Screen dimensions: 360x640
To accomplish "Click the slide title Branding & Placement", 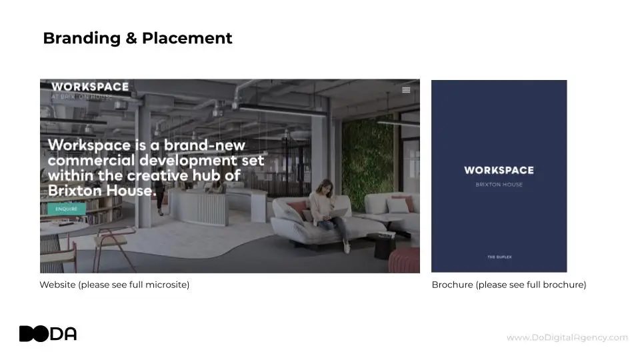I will (137, 38).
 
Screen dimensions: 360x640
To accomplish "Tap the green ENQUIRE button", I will (66, 209).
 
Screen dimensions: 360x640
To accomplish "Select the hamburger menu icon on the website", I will (406, 90).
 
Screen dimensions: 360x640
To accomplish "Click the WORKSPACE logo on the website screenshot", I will (90, 87).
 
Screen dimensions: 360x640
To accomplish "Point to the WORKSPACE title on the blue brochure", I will (499, 170).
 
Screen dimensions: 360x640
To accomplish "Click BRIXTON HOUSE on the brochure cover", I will (499, 185).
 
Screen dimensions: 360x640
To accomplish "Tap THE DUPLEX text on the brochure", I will (499, 256).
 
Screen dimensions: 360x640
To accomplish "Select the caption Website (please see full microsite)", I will (114, 285).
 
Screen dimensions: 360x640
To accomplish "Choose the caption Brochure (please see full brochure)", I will (509, 285).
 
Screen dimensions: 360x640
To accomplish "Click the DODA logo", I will (48, 333).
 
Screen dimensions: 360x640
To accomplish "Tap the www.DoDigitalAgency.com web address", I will (567, 337).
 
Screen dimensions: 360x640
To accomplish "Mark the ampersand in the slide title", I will (131, 39).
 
